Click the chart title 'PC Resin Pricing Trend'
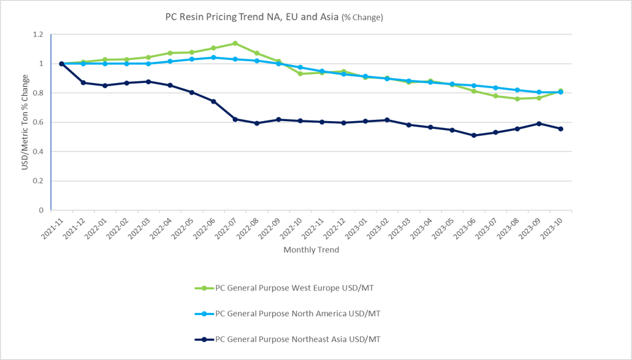pyautogui.click(x=274, y=17)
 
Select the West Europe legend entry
pyautogui.click(x=293, y=288)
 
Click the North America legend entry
pyautogui.click(x=297, y=314)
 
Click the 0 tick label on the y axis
pyautogui.click(x=41, y=210)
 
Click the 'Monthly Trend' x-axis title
pyautogui.click(x=311, y=250)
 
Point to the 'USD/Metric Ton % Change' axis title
pyautogui.click(x=25, y=122)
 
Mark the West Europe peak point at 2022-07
pyautogui.click(x=235, y=43)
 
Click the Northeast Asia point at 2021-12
pyautogui.click(x=83, y=82)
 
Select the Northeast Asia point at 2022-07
pyautogui.click(x=235, y=119)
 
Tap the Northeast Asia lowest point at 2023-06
pyautogui.click(x=474, y=135)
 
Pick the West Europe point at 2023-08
pyautogui.click(x=517, y=99)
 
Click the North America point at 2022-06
pyautogui.click(x=213, y=57)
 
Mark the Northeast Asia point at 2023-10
pyautogui.click(x=561, y=129)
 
